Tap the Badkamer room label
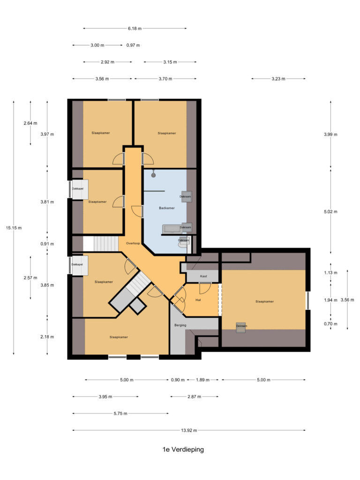[166, 207]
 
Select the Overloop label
[133, 244]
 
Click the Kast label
[203, 277]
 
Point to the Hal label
[198, 300]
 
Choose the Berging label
[180, 325]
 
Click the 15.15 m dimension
[14, 228]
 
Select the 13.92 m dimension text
[189, 430]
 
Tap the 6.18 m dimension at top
[135, 29]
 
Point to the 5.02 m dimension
[330, 212]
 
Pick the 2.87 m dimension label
[194, 397]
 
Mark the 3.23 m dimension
[278, 79]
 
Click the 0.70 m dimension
[330, 323]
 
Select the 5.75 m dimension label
[120, 413]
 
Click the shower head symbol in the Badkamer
[153, 174]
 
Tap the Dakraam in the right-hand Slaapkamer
[241, 327]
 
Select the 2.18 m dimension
[47, 337]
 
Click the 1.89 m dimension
[202, 380]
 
